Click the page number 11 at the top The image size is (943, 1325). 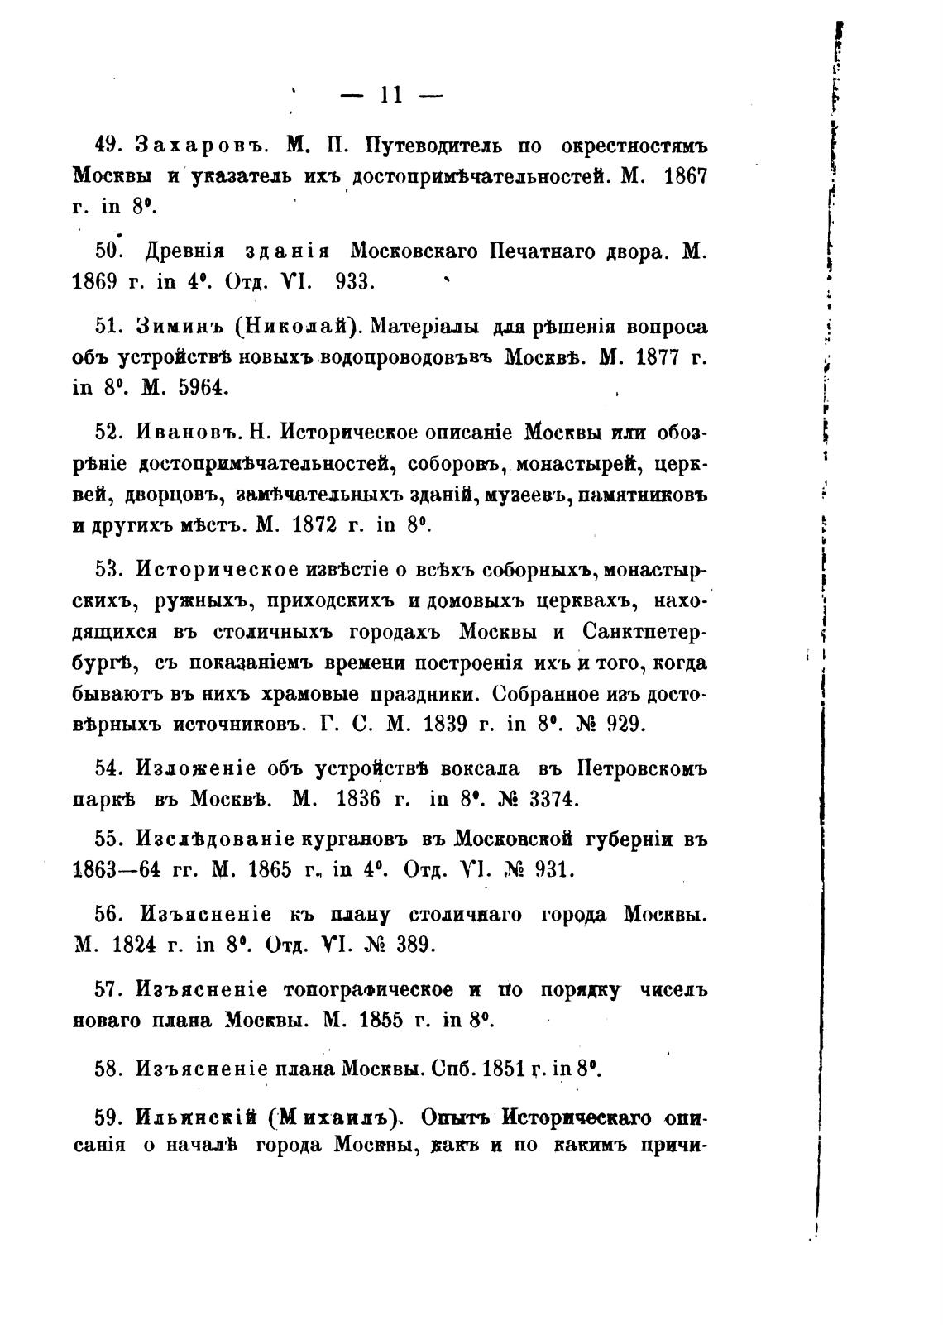tap(391, 96)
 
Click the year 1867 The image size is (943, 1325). tap(686, 176)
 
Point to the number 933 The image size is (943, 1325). tap(356, 281)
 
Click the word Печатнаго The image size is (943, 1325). tap(543, 251)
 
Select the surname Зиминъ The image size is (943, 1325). tap(180, 327)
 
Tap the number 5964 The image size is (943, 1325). tap(203, 387)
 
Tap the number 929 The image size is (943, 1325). tap(626, 724)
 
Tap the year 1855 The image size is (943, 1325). tap(381, 1020)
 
